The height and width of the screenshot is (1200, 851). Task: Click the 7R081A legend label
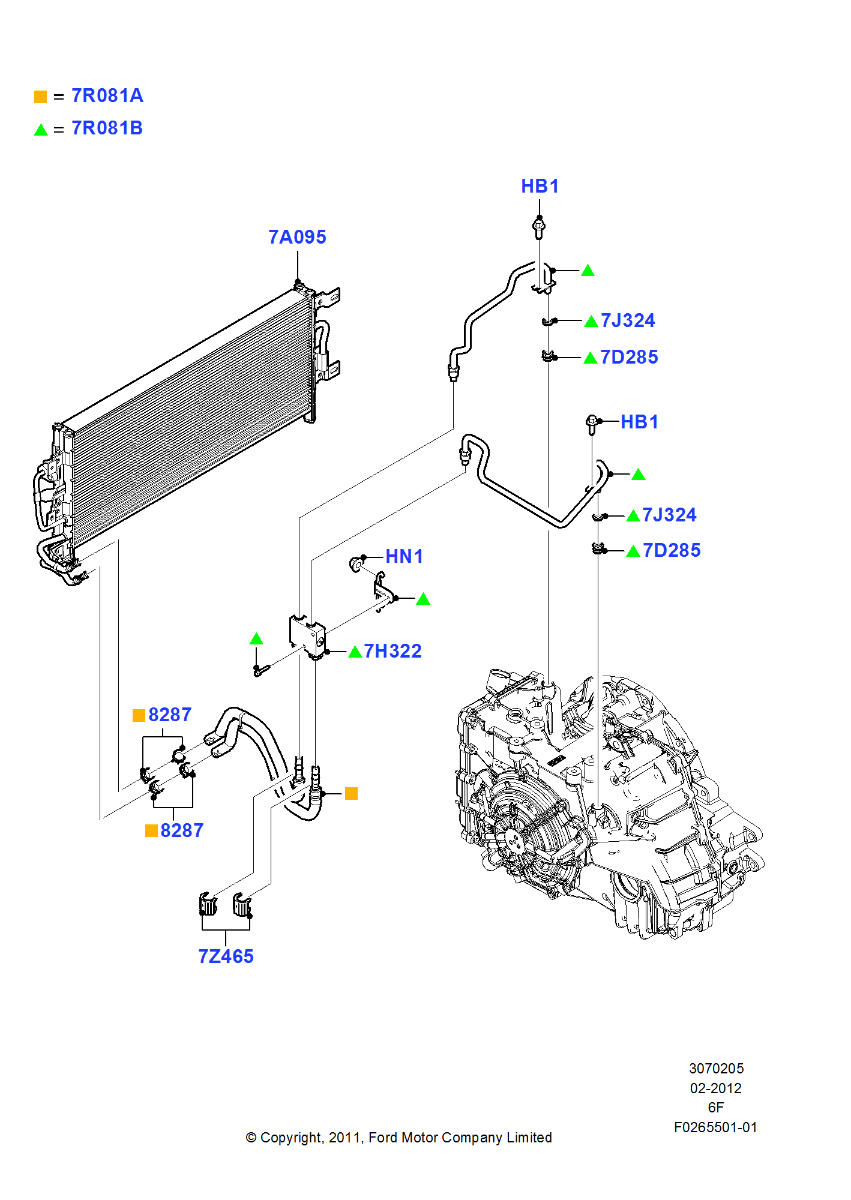tap(107, 96)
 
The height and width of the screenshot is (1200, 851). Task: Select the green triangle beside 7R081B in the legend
tap(41, 130)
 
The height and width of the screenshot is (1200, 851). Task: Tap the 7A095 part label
tap(297, 237)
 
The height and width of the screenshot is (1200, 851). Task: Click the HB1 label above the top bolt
tap(540, 187)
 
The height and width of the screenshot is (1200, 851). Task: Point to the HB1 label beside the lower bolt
tap(639, 422)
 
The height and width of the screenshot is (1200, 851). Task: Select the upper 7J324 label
tap(628, 320)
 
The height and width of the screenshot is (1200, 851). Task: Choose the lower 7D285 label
tap(671, 550)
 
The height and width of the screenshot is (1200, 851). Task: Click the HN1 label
tap(404, 556)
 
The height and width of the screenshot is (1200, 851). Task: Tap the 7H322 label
tap(392, 651)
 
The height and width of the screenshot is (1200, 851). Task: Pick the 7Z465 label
tap(226, 956)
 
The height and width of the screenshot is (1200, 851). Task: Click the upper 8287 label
tap(170, 715)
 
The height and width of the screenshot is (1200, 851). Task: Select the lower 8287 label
tap(182, 830)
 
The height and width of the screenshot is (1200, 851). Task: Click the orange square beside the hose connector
tap(352, 794)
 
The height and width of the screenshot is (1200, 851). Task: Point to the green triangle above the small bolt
tap(256, 639)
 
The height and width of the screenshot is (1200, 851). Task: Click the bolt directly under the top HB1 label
tap(539, 227)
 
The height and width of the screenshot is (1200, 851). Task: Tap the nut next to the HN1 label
tap(356, 564)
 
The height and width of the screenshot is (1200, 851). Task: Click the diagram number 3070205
tap(716, 1069)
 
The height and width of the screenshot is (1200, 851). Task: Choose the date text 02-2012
tap(715, 1088)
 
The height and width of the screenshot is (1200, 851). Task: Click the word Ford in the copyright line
tap(383, 1138)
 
